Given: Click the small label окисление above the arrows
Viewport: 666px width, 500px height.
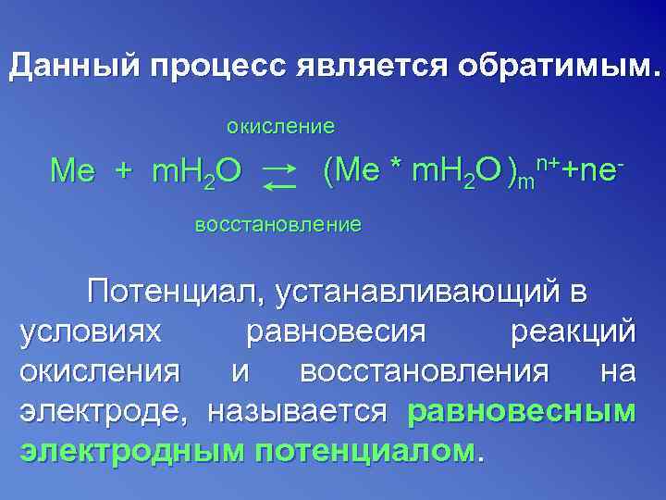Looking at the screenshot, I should (x=281, y=125).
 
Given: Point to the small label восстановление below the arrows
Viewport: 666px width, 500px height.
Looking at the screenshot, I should (x=277, y=225).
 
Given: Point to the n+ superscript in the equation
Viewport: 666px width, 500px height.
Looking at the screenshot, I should (x=545, y=164).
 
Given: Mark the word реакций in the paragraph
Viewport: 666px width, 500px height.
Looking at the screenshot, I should (x=572, y=331).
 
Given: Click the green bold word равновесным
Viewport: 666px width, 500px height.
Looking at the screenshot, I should (x=521, y=410).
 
